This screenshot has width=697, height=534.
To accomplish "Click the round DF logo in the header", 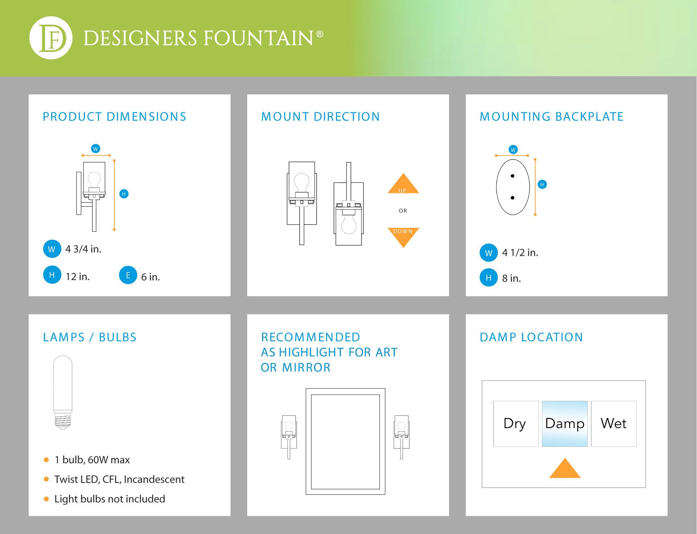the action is point(51,38).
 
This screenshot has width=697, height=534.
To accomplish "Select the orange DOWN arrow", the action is point(403,237).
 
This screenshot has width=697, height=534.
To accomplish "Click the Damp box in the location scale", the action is point(564,424).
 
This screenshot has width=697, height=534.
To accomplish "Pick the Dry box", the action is point(516,424).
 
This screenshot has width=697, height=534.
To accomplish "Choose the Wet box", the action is point(614,424).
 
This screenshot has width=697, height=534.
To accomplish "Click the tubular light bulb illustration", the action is point(63,393).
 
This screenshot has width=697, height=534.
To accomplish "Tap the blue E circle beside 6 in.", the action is point(128,275).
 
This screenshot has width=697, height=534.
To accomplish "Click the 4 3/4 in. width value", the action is point(83,249).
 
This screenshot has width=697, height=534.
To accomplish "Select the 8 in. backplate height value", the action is point(511,278).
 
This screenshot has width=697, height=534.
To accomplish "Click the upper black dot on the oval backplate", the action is point(513,176).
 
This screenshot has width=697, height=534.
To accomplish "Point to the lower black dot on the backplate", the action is point(513,198).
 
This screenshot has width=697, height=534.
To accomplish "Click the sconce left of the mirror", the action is point(289,437).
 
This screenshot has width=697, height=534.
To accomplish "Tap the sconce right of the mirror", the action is point(402,437).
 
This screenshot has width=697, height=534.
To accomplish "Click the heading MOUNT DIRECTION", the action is point(321,116).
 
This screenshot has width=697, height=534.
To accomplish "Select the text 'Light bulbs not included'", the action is point(110,499).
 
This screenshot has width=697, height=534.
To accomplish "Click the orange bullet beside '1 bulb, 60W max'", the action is point(46,460).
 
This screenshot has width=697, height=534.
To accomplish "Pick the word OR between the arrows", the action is point(403,211).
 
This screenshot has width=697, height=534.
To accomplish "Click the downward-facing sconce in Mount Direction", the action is point(348,204).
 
